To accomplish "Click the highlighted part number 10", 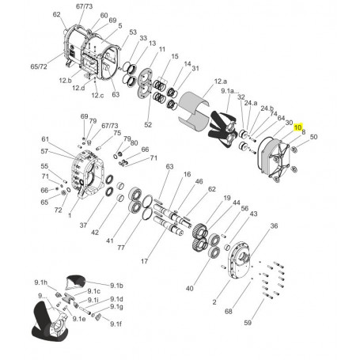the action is click(x=297, y=127).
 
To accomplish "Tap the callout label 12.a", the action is click(x=220, y=81).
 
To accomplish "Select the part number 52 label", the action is click(x=148, y=124).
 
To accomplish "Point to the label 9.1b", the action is click(x=116, y=286).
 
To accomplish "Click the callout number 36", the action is click(x=274, y=225).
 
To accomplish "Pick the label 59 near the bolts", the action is click(x=248, y=323).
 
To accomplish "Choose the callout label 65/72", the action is click(x=39, y=66).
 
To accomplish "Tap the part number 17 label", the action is click(x=144, y=261).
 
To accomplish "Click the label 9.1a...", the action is click(x=230, y=91).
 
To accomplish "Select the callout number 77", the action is click(x=121, y=248).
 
